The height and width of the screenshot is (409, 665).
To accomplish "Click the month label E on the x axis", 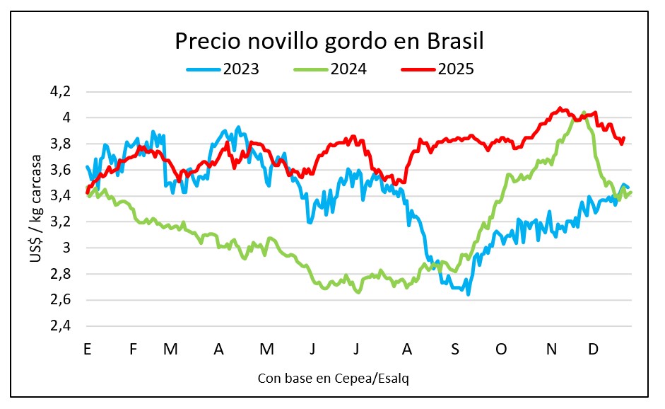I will coord(87,349).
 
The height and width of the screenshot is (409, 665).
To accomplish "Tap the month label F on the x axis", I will coord(134,349).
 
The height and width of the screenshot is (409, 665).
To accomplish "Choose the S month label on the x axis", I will coord(455,349).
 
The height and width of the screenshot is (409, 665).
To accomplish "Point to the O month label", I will coord(502,349).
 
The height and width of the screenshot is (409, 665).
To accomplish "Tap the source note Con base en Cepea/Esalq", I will coord(334,379).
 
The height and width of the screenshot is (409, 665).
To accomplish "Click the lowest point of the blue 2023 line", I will coord(469,294).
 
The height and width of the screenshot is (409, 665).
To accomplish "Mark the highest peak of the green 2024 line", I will coord(583,112).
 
